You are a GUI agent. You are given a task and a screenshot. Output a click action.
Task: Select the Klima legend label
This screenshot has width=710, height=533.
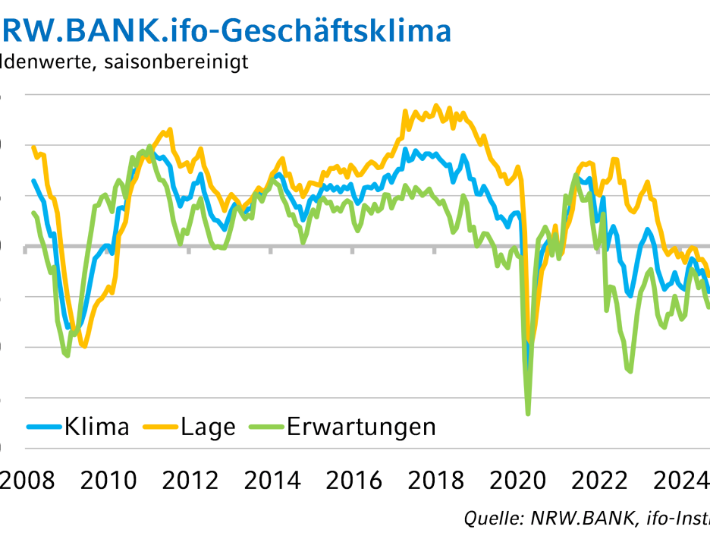pos(96,427)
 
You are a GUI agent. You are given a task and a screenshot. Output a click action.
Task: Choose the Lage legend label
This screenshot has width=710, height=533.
pos(208,427)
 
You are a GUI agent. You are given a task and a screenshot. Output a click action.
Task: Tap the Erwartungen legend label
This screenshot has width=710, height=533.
pos(361,427)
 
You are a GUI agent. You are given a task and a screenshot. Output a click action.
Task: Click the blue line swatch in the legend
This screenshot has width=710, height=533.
pos(43,427)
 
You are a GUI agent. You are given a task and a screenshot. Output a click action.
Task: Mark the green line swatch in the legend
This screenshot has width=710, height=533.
pos(266,427)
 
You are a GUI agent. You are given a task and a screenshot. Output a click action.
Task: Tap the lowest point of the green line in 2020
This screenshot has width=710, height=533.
pos(527,413)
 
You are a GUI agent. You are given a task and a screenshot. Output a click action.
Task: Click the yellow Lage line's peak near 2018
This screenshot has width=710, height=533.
pos(436,106)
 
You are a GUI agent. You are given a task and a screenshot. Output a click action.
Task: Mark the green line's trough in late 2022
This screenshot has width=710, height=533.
pos(630,371)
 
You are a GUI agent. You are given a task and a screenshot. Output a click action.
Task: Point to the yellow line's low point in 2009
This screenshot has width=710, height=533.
pos(84,347)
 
